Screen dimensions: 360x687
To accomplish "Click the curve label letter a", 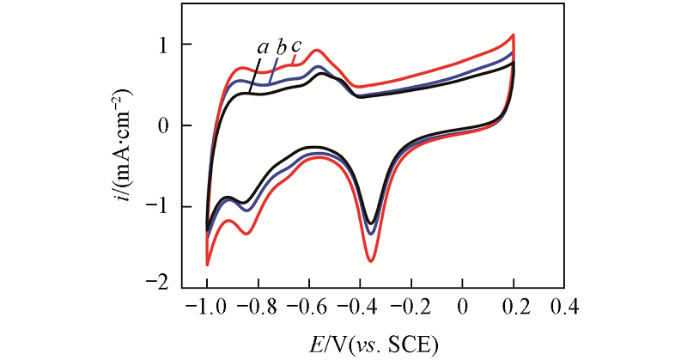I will tap(262, 47).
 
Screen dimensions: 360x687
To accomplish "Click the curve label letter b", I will tap(280, 47).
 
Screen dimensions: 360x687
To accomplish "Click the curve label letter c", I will tap(296, 46).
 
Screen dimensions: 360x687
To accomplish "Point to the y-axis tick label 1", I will tap(163, 44).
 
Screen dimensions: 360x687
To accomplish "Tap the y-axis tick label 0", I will tap(163, 125).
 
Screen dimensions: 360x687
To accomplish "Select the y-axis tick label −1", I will tap(159, 207).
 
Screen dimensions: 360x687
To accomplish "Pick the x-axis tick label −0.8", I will tap(258, 307).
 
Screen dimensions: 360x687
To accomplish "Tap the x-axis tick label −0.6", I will tap(309, 307).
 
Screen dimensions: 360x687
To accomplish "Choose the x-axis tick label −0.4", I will tap(360, 307).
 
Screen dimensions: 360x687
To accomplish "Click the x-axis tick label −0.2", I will tap(410, 307).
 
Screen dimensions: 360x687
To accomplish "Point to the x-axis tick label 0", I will tap(463, 307).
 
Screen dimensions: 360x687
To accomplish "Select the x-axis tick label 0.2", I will tap(514, 307).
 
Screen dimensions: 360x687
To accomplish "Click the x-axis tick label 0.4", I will tap(564, 307).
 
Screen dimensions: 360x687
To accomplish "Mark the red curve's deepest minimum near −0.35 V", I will tap(371, 259).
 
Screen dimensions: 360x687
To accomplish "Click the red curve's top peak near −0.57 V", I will tap(318, 50).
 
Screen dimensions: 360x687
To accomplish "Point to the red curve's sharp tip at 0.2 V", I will tap(514, 35).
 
